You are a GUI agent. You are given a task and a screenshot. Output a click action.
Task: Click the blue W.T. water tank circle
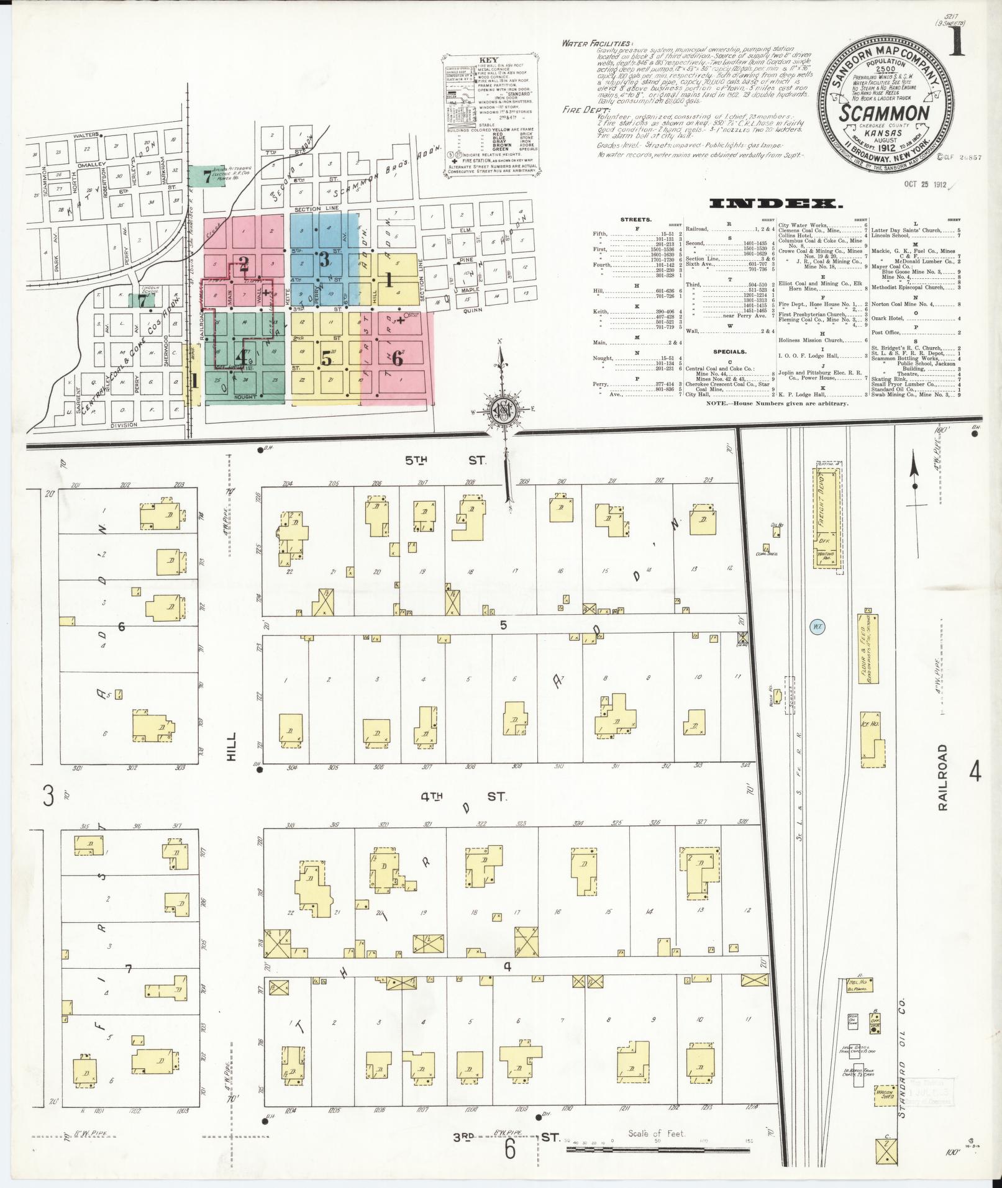tap(818, 627)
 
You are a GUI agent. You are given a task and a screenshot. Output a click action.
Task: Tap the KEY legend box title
tap(490, 61)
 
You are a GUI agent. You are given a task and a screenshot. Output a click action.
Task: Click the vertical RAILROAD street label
tap(944, 776)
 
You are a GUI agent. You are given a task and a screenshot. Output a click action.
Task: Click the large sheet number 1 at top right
tap(957, 40)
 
